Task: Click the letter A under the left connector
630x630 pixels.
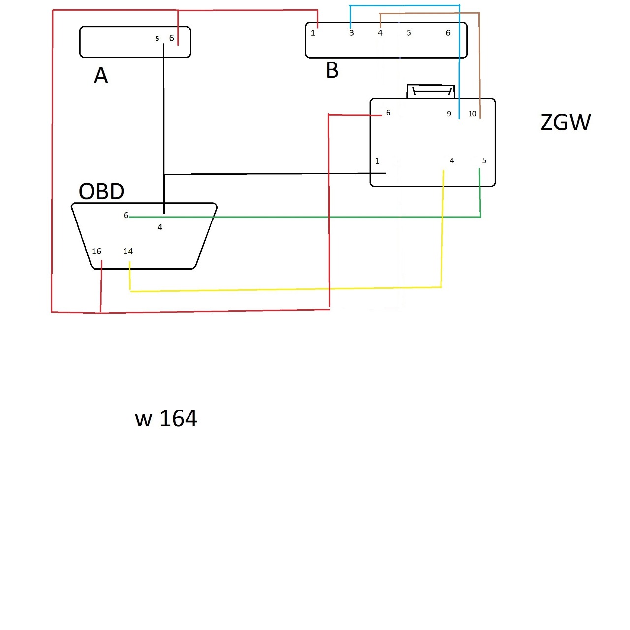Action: [x=101, y=76]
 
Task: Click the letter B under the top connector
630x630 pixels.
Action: [x=332, y=70]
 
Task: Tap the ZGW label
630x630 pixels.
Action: [x=566, y=123]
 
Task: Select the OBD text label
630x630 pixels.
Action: [x=101, y=191]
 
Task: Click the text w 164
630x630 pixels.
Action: [x=166, y=419]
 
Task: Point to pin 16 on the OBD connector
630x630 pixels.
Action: [x=96, y=252]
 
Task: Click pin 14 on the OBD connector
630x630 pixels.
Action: [x=128, y=252]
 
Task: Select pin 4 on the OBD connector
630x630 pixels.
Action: [x=160, y=227]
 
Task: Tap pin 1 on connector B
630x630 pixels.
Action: [x=313, y=33]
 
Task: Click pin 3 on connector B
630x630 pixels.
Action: [x=351, y=33]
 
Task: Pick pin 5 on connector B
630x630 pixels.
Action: [x=409, y=33]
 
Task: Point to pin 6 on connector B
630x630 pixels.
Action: [x=448, y=33]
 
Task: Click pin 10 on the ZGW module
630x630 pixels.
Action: [x=472, y=114]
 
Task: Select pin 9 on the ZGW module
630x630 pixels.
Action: [x=449, y=114]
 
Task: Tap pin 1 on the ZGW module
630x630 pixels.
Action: [x=378, y=161]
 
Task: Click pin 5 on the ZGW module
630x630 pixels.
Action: [x=484, y=161]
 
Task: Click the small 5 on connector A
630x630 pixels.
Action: [x=157, y=39]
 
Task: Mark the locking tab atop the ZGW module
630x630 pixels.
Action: [x=431, y=92]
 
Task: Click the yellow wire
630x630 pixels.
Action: [x=285, y=289]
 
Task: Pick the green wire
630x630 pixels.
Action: [x=305, y=217]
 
